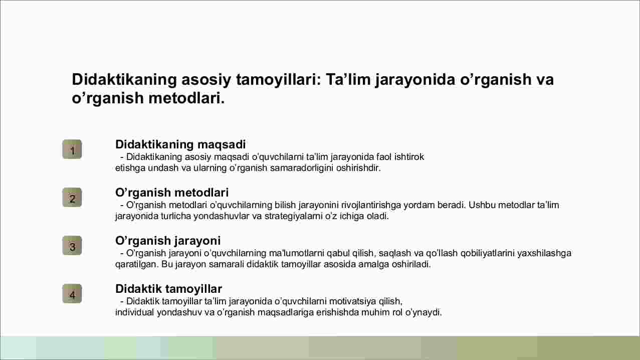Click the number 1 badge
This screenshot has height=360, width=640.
(72, 149)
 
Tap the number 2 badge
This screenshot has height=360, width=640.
(72, 198)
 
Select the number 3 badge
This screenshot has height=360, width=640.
(72, 245)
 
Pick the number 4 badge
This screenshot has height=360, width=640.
(72, 294)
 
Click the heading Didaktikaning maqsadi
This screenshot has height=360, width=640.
(180, 145)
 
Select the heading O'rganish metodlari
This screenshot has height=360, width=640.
(172, 193)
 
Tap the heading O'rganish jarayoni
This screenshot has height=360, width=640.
(168, 241)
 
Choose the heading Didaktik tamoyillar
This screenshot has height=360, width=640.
(168, 289)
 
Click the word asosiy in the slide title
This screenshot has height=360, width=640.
(205, 80)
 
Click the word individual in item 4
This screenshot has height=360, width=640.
(134, 312)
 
